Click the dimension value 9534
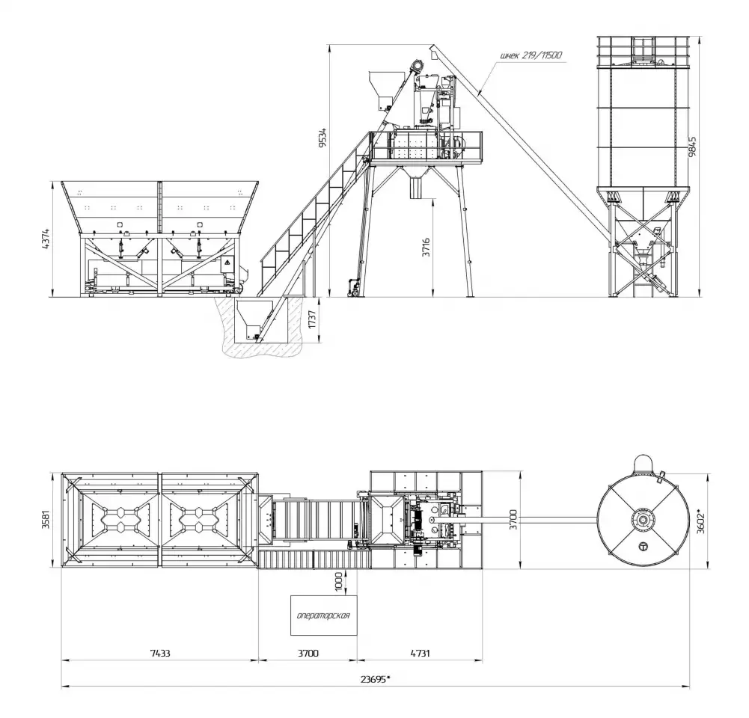pyautogui.click(x=323, y=137)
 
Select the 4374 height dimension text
pyautogui.click(x=45, y=239)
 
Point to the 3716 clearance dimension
pyautogui.click(x=426, y=248)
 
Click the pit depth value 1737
pyautogui.click(x=313, y=319)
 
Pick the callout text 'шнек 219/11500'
pyautogui.click(x=531, y=55)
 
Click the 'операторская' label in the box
pyautogui.click(x=323, y=616)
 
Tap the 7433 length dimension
pyautogui.click(x=159, y=653)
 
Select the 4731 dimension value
pyautogui.click(x=420, y=653)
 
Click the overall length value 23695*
pyautogui.click(x=375, y=679)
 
